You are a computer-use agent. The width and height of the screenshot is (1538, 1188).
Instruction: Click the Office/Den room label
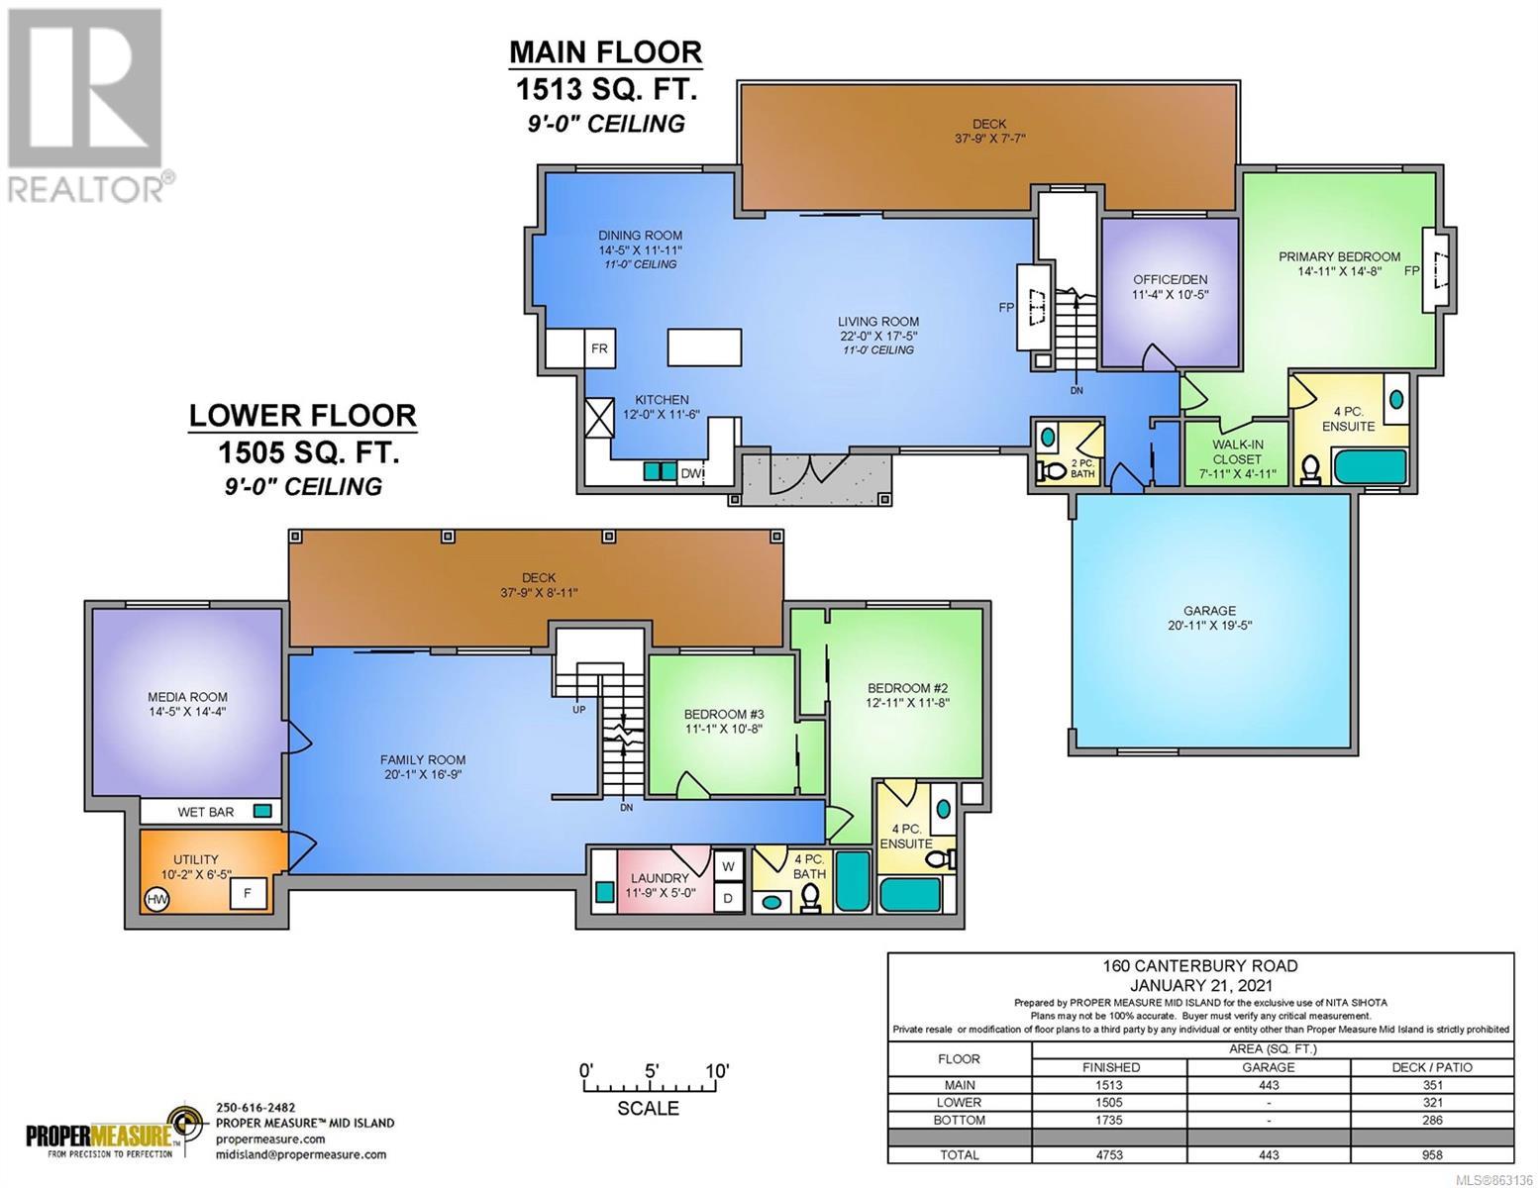1170,286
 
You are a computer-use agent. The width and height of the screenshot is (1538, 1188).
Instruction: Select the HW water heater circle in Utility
157,899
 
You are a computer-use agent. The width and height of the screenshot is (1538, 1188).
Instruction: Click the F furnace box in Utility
248,894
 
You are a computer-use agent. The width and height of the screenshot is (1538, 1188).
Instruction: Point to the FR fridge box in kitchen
599,347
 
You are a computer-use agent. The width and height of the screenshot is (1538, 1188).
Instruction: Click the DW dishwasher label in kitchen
690,473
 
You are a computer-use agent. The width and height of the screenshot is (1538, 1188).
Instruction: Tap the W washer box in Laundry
728,865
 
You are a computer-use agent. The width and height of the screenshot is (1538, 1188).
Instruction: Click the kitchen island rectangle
704,347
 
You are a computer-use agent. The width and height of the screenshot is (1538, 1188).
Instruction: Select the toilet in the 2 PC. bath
1051,470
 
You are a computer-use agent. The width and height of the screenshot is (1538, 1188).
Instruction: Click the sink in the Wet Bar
262,811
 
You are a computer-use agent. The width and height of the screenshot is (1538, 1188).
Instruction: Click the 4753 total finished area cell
1108,1154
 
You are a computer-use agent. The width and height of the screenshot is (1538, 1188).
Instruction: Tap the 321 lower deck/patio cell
1432,1103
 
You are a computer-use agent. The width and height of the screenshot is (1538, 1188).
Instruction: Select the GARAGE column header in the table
1269,1067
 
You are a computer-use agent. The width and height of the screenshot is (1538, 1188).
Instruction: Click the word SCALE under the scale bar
648,1108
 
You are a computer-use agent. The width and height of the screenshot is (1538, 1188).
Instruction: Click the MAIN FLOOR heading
606,52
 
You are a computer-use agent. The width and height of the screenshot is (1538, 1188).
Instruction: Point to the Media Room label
187,704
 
